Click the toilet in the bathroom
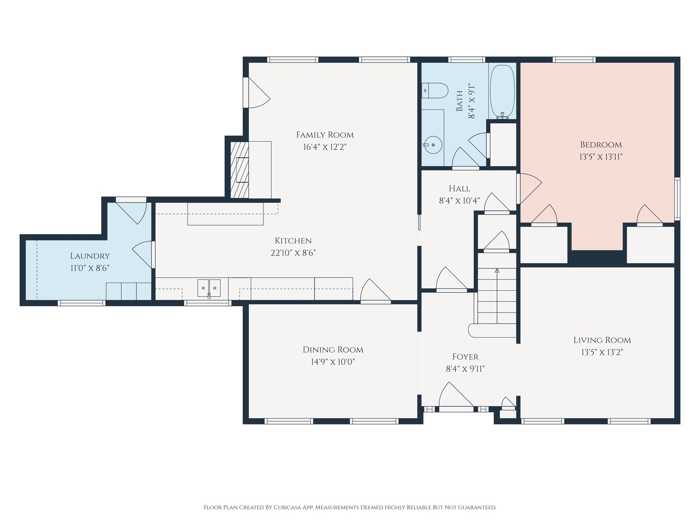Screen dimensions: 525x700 tap(435, 91)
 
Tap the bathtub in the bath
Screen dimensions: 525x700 tap(502, 91)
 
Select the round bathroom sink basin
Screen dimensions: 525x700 tap(433, 145)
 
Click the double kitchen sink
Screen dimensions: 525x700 tap(209, 288)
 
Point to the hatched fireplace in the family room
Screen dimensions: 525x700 tap(239, 170)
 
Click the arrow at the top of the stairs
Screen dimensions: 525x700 tap(497, 271)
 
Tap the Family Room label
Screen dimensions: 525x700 tap(325, 135)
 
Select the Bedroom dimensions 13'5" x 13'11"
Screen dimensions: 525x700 tap(601, 157)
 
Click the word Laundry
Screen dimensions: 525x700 tap(90, 256)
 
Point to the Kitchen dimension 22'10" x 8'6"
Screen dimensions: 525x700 tap(293, 253)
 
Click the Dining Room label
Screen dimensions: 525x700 tap(333, 350)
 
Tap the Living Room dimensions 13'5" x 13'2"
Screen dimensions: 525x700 tap(602, 352)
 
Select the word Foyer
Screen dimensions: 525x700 tap(465, 357)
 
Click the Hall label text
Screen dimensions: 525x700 tap(459, 189)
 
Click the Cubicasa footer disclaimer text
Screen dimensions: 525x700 tap(350, 507)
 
